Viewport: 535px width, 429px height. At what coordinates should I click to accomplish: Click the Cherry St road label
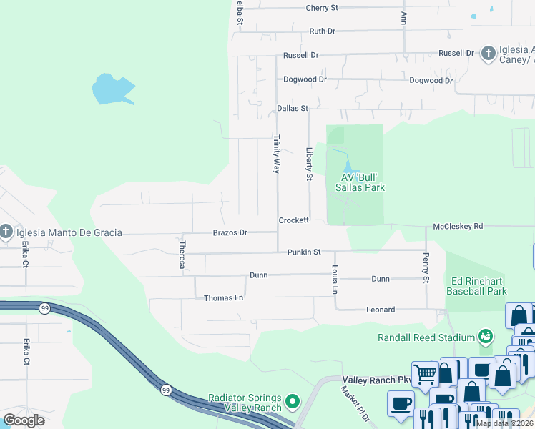321,8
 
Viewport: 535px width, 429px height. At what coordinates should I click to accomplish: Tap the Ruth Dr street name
322,31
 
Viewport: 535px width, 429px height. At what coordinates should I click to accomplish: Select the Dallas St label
292,109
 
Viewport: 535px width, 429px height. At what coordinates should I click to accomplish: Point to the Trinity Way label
276,154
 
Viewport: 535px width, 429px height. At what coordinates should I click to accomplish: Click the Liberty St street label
310,164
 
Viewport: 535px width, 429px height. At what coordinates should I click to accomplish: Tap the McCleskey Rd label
458,226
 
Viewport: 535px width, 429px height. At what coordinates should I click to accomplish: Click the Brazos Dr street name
230,232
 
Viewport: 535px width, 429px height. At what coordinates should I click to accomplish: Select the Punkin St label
304,252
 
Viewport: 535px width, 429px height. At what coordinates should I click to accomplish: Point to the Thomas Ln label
223,298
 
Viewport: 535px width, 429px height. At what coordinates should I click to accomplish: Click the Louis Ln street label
334,280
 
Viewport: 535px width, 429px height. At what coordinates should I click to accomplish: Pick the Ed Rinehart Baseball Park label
476,286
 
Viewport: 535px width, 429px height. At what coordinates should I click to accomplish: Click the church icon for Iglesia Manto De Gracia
6,232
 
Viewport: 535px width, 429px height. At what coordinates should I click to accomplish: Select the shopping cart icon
426,373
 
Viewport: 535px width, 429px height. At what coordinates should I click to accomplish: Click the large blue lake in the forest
112,89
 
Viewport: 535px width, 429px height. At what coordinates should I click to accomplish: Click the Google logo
24,420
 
